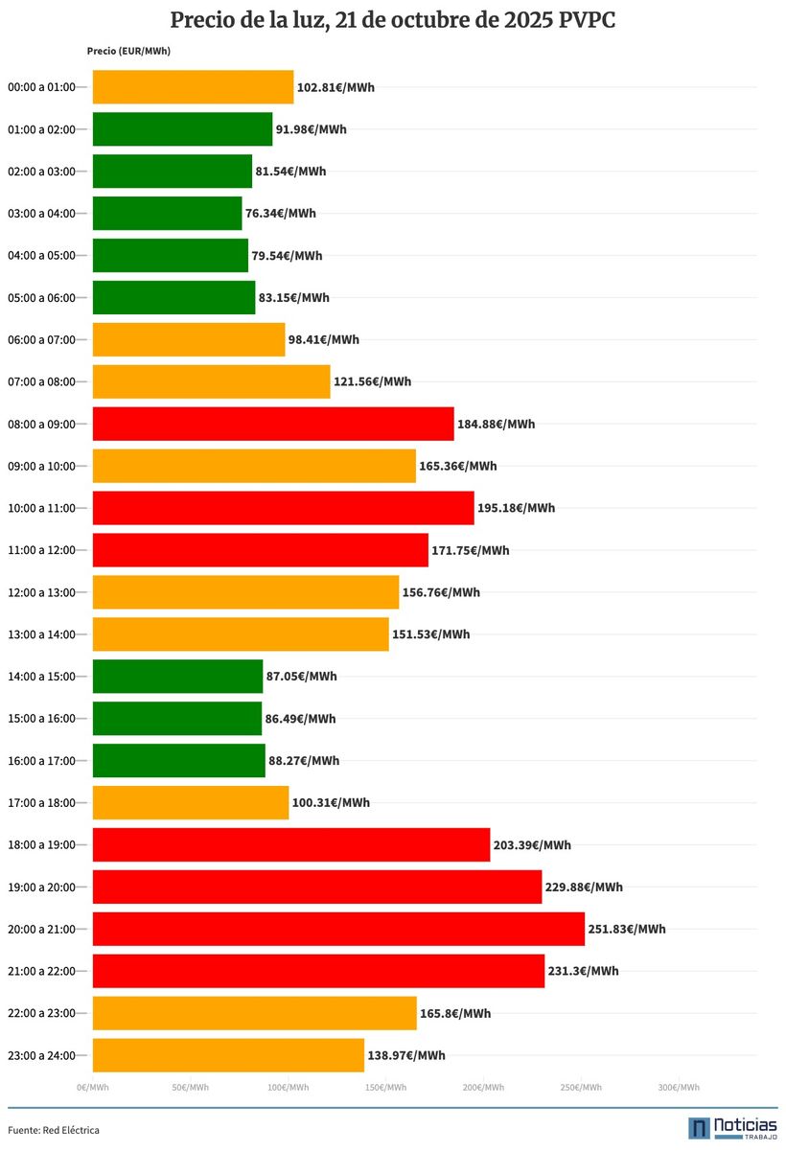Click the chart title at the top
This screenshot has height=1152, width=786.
[393, 21]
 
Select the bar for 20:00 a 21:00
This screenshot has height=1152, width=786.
[338, 929]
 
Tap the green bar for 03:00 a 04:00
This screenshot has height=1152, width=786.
[167, 214]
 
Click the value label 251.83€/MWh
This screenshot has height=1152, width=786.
[627, 929]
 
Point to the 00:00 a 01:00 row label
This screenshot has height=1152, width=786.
[41, 87]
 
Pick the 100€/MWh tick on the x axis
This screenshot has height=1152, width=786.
[288, 1088]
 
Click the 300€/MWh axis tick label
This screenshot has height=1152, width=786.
[679, 1088]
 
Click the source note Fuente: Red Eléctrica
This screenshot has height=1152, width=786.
[54, 1131]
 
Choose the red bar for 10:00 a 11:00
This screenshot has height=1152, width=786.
[283, 508]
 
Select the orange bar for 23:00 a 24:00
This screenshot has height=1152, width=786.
[228, 1055]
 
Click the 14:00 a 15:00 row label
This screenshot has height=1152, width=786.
[41, 677]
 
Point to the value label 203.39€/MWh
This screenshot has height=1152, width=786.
[532, 845]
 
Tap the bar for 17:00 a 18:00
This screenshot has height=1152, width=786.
[191, 803]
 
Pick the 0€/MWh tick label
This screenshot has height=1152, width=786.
[93, 1088]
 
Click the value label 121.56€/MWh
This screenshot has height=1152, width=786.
[372, 381]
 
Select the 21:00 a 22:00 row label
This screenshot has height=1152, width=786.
[41, 971]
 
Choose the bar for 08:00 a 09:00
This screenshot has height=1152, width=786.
[273, 424]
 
